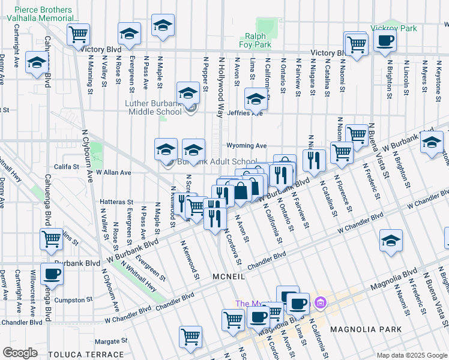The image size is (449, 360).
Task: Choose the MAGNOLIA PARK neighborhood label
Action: click(x=361, y=329)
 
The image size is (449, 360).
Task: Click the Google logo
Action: click(x=20, y=353)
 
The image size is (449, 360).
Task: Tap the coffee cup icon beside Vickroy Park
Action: click(x=385, y=41)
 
